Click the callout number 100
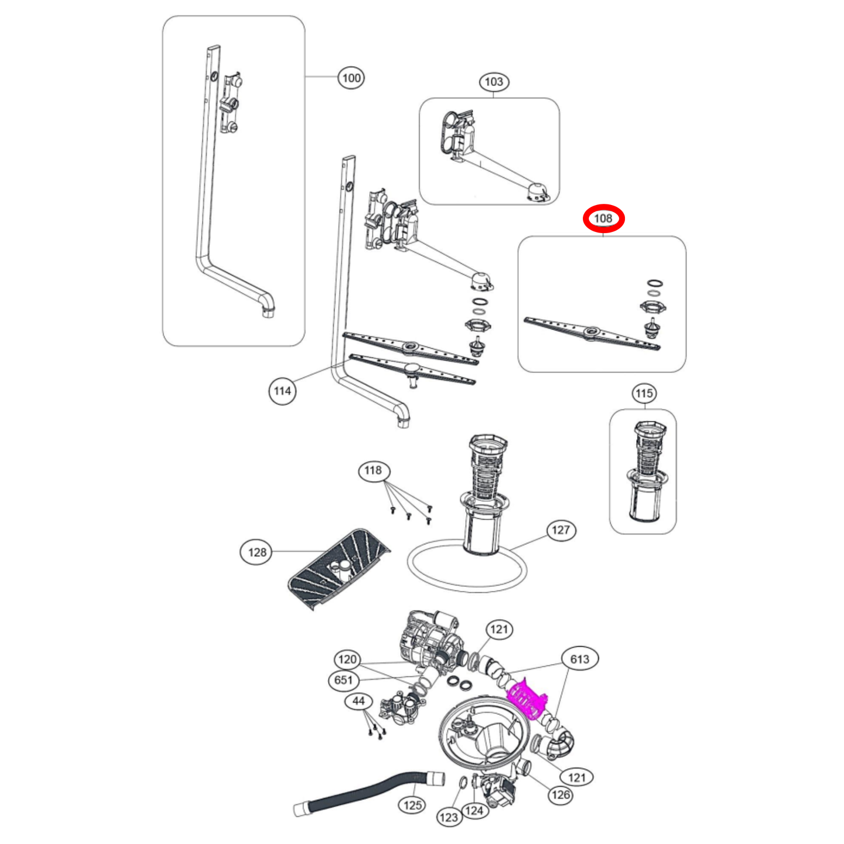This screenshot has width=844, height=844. tap(351, 78)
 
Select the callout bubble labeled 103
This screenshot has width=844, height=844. tap(494, 82)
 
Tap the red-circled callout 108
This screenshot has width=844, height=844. tap(603, 218)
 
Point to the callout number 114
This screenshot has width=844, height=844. tap(282, 391)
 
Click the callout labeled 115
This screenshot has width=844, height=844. tap(644, 393)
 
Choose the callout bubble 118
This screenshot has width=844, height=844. tap(373, 471)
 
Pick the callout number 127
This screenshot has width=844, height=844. tap(561, 530)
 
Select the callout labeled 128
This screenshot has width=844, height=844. tap(257, 552)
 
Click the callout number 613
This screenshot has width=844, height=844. tap(579, 659)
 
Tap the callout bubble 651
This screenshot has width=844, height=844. tap(343, 680)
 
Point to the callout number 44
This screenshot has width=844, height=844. tap(359, 701)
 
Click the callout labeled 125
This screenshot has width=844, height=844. tap(412, 805)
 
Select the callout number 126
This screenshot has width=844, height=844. tap(561, 794)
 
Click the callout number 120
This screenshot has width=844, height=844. tap(347, 659)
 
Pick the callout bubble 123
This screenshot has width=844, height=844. tap(448, 817)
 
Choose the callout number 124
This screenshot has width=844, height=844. tap(474, 811)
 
